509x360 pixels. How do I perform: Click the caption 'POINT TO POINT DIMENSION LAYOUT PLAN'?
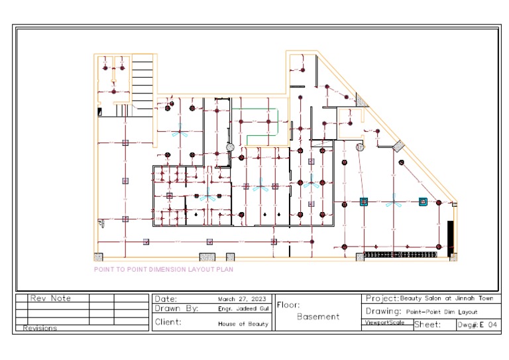point(163,270)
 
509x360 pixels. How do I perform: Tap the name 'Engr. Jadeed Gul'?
point(243,308)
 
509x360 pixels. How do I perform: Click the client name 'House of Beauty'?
point(243,324)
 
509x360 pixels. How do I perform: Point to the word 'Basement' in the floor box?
point(317,317)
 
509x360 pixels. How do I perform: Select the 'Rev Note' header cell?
point(50,298)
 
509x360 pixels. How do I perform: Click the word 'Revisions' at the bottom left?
point(40,328)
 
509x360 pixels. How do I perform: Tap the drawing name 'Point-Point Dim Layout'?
point(441,312)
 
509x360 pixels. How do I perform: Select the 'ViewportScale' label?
point(384,323)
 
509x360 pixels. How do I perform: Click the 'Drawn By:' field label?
point(176,308)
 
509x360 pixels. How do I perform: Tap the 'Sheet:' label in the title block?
point(427,325)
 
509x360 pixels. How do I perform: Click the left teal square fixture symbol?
point(363,201)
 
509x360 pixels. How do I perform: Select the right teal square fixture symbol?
point(423,202)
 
